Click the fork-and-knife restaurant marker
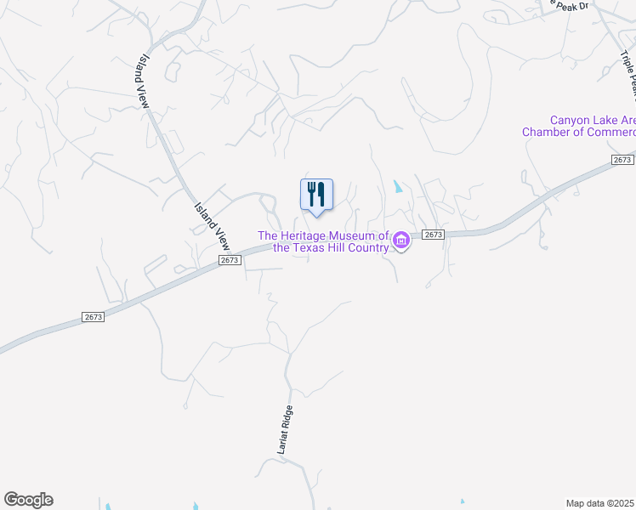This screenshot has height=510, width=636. pyautogui.click(x=316, y=195)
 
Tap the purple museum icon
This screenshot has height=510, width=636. pyautogui.click(x=401, y=241)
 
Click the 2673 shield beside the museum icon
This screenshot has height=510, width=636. pyautogui.click(x=433, y=235)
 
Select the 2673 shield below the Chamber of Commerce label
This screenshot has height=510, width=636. pyautogui.click(x=622, y=160)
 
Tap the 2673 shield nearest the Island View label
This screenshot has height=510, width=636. pyautogui.click(x=229, y=260)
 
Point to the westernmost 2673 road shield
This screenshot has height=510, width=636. pyautogui.click(x=94, y=316)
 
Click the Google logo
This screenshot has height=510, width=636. pyautogui.click(x=28, y=500)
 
